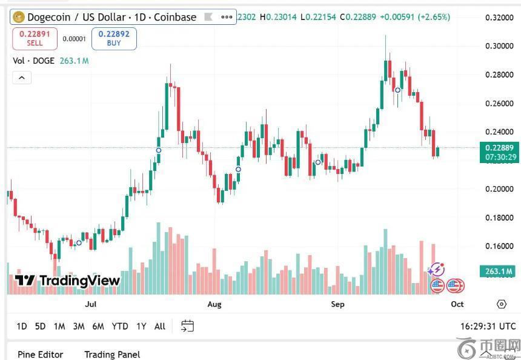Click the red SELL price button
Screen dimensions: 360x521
35,39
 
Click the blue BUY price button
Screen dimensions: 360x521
114,39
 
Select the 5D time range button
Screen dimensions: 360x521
40,326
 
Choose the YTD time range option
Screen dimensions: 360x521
120,326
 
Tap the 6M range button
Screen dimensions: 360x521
98,326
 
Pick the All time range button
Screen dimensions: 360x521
160,326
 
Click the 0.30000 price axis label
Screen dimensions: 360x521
500,46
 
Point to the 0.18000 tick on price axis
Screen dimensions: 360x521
500,218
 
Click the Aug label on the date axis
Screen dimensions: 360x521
214,304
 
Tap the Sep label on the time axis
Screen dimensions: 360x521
337,304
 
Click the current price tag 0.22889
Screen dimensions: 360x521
500,148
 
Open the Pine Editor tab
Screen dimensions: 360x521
40,355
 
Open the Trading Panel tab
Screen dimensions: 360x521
112,355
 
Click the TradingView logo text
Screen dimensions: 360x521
67,281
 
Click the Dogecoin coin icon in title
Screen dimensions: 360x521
18,17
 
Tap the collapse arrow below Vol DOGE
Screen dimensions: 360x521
21,78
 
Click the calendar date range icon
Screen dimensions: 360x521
187,326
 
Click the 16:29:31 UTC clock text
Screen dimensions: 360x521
488,326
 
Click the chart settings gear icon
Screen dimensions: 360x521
501,304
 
